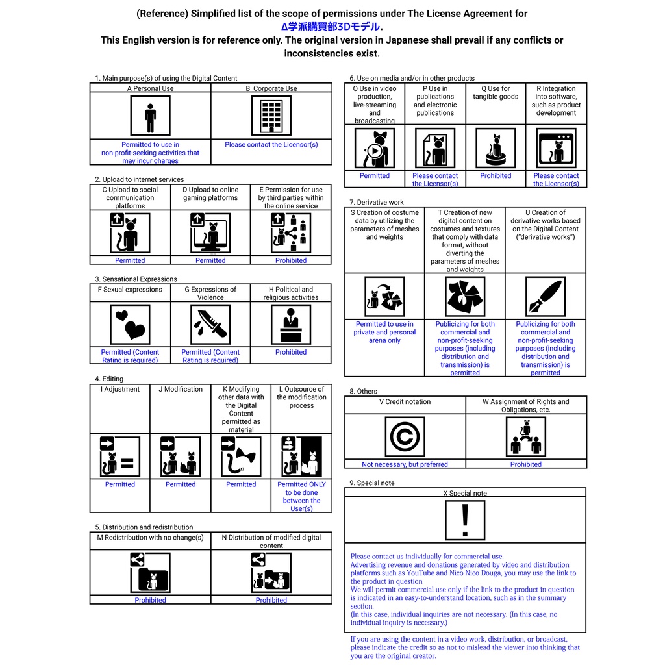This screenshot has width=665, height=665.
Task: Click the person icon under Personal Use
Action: [x=150, y=116]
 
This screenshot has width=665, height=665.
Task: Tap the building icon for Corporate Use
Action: [x=271, y=116]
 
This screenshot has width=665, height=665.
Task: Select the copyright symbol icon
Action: [x=405, y=436]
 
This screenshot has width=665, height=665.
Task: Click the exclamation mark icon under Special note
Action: [x=465, y=520]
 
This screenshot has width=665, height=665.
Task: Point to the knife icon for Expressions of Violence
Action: [x=210, y=324]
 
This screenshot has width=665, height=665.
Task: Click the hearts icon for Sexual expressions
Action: [x=130, y=324]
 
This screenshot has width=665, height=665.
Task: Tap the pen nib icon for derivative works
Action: [x=546, y=297]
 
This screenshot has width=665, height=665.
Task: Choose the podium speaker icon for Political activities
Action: [x=290, y=324]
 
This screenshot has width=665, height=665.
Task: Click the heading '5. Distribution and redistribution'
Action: [x=144, y=527]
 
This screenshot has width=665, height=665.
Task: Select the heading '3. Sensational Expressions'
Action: [x=136, y=279]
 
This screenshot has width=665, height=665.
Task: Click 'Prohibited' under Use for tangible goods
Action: [x=496, y=176]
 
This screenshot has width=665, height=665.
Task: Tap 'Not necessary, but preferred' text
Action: [x=405, y=464]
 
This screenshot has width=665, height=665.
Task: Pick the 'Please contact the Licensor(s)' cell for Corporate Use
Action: [x=271, y=145]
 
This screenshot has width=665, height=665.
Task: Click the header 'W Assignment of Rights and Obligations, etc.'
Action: [x=525, y=405]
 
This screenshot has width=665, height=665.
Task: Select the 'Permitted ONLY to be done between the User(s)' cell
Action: [x=301, y=496]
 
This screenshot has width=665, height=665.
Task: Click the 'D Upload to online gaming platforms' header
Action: [x=210, y=194]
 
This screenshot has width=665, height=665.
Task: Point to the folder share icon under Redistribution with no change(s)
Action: [x=150, y=572]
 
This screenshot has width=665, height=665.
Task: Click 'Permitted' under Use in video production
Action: [x=375, y=176]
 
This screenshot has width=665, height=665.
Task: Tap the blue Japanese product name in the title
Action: [x=332, y=27]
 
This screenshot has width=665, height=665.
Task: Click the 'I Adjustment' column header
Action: [x=120, y=390]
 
